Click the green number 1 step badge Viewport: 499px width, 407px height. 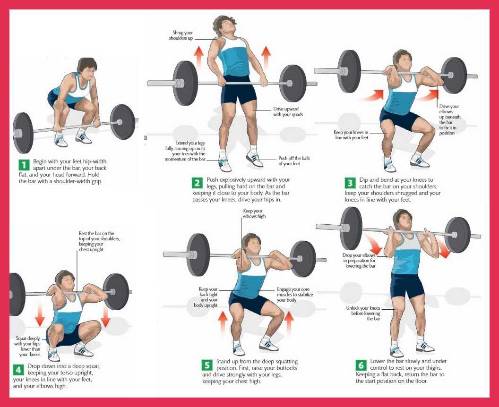click(24, 165)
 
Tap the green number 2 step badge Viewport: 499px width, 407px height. click(197, 183)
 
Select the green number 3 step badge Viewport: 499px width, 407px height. click(350, 183)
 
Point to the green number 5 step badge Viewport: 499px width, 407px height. click(207, 365)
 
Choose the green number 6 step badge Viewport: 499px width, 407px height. click(361, 365)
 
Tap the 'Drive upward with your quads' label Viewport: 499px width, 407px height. click(288, 111)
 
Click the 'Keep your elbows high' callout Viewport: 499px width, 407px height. click(254, 213)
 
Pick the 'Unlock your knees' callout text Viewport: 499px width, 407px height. click(364, 313)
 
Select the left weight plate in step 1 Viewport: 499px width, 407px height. click(23, 133)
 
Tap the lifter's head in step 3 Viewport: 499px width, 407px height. click(403, 60)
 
